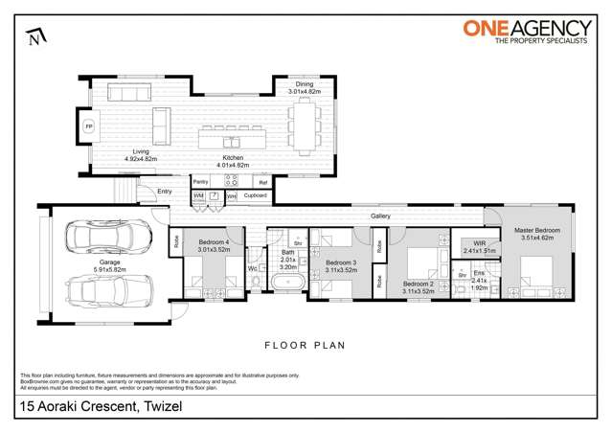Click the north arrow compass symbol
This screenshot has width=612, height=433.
coord(35,37)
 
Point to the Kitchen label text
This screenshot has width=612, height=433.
coord(233,158)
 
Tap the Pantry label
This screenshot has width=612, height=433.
coord(201,180)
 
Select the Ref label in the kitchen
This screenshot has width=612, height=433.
coord(262,180)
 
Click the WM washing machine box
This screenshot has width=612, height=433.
coord(198,195)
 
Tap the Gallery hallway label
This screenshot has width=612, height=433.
coord(380,217)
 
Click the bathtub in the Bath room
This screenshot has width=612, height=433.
coord(285,284)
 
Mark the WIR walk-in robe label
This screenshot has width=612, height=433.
coord(474,244)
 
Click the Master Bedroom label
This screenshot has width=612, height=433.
coord(535,233)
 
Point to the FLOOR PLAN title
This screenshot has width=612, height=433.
coord(306,344)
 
